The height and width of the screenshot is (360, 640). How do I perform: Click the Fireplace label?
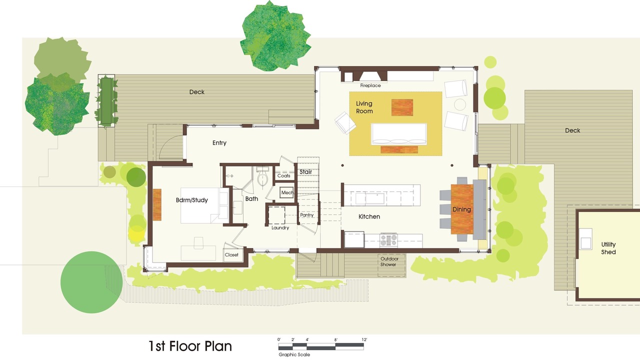coord(370,85)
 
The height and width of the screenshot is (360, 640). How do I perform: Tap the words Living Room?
coord(364,107)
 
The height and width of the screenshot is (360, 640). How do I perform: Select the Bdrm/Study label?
coord(191,200)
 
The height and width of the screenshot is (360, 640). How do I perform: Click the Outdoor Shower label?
coord(389,261)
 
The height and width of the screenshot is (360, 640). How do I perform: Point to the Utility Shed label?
coord(608,248)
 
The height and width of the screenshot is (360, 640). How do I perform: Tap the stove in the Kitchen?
coord(388,240)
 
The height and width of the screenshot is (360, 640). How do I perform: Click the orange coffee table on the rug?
coord(402,107)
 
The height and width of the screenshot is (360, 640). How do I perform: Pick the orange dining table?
coord(462,209)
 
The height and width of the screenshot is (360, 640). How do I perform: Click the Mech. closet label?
coord(287,192)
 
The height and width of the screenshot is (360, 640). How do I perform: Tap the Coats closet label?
coord(283,175)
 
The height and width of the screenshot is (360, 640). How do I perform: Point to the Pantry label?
coord(306,215)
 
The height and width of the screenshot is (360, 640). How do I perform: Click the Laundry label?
coord(280,227)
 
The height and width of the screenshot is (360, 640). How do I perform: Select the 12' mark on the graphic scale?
coord(364,339)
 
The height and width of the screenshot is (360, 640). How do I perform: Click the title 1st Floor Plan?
coord(190,346)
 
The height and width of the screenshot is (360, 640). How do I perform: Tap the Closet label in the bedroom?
coord(231,254)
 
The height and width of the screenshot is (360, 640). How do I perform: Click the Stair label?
coord(305,171)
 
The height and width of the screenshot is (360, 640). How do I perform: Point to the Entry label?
coord(219,142)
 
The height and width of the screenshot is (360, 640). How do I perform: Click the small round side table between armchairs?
coord(460,104)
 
